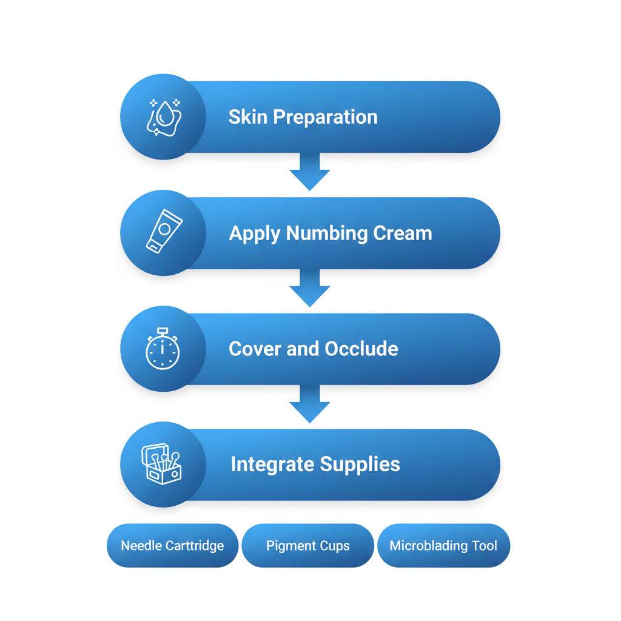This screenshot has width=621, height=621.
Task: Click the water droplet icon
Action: pyautogui.click(x=163, y=116)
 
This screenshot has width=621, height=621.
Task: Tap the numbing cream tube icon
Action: pyautogui.click(x=163, y=232)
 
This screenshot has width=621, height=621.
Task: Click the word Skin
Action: pyautogui.click(x=247, y=117)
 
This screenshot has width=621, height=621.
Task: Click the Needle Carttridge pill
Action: pyautogui.click(x=172, y=546)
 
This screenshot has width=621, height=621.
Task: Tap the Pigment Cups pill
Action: pyautogui.click(x=307, y=546)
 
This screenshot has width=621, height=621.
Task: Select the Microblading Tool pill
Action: pyautogui.click(x=443, y=546)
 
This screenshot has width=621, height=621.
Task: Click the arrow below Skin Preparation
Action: pyautogui.click(x=310, y=171)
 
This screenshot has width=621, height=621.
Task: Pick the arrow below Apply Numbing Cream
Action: pyautogui.click(x=310, y=287)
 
